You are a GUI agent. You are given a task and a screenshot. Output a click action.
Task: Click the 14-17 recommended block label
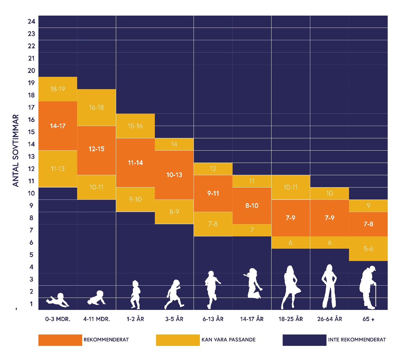[x=58, y=126]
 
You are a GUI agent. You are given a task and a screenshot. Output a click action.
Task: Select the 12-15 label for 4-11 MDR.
[x=96, y=149]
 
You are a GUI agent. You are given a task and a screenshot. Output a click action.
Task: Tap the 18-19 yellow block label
[x=58, y=89]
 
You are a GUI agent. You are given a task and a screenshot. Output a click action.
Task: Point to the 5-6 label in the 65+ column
[x=368, y=249]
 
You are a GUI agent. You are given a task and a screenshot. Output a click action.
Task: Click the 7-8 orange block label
[x=368, y=224]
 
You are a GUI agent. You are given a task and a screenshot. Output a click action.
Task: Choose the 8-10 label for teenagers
[x=252, y=205]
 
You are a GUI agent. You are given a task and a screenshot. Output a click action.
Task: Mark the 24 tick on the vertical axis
[x=32, y=22]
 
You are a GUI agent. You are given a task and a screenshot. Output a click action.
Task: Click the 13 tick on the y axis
[x=32, y=157]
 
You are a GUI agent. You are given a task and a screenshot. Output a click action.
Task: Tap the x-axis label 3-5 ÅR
[x=174, y=319]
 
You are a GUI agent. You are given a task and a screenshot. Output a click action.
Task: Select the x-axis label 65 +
[x=368, y=319]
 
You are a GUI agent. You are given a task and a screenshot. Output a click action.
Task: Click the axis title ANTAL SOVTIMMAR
[x=16, y=150]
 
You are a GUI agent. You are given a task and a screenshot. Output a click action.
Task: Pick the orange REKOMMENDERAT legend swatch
[x=60, y=340]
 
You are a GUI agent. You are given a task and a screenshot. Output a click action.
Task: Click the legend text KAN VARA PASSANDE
[x=228, y=340]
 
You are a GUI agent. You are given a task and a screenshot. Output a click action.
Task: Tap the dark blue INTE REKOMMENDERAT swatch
[x=304, y=340]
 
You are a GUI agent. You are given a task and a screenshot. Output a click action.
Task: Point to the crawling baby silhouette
[x=97, y=298]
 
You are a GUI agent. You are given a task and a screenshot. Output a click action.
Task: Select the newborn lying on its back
[x=58, y=300]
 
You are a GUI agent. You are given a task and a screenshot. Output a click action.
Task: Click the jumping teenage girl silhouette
[x=253, y=283]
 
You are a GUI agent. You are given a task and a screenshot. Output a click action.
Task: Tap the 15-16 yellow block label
[x=135, y=126]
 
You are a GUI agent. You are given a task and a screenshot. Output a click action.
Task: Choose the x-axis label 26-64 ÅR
[x=329, y=319]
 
